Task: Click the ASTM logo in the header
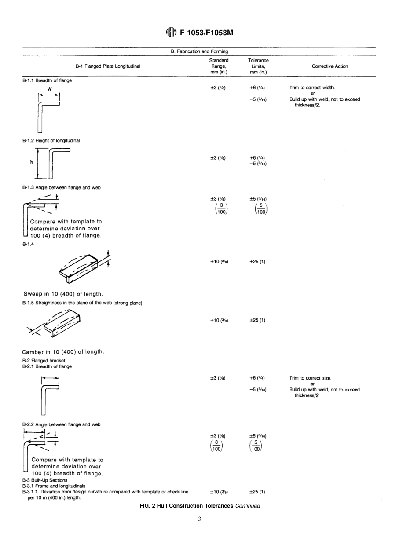coord(171,32)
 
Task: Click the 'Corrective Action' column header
coord(330,66)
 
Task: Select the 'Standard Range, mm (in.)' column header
coord(219,66)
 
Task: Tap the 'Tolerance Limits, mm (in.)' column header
coord(258,66)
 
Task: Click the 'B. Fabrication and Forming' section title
coord(199,51)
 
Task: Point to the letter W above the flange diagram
coord(50,89)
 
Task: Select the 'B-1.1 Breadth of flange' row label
coord(47,80)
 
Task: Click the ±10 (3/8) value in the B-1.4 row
coord(219,262)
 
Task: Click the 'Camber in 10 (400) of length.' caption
coord(63,352)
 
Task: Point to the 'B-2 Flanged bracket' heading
coord(44,361)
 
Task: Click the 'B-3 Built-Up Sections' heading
coord(45,480)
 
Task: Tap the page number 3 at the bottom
coord(199,519)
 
